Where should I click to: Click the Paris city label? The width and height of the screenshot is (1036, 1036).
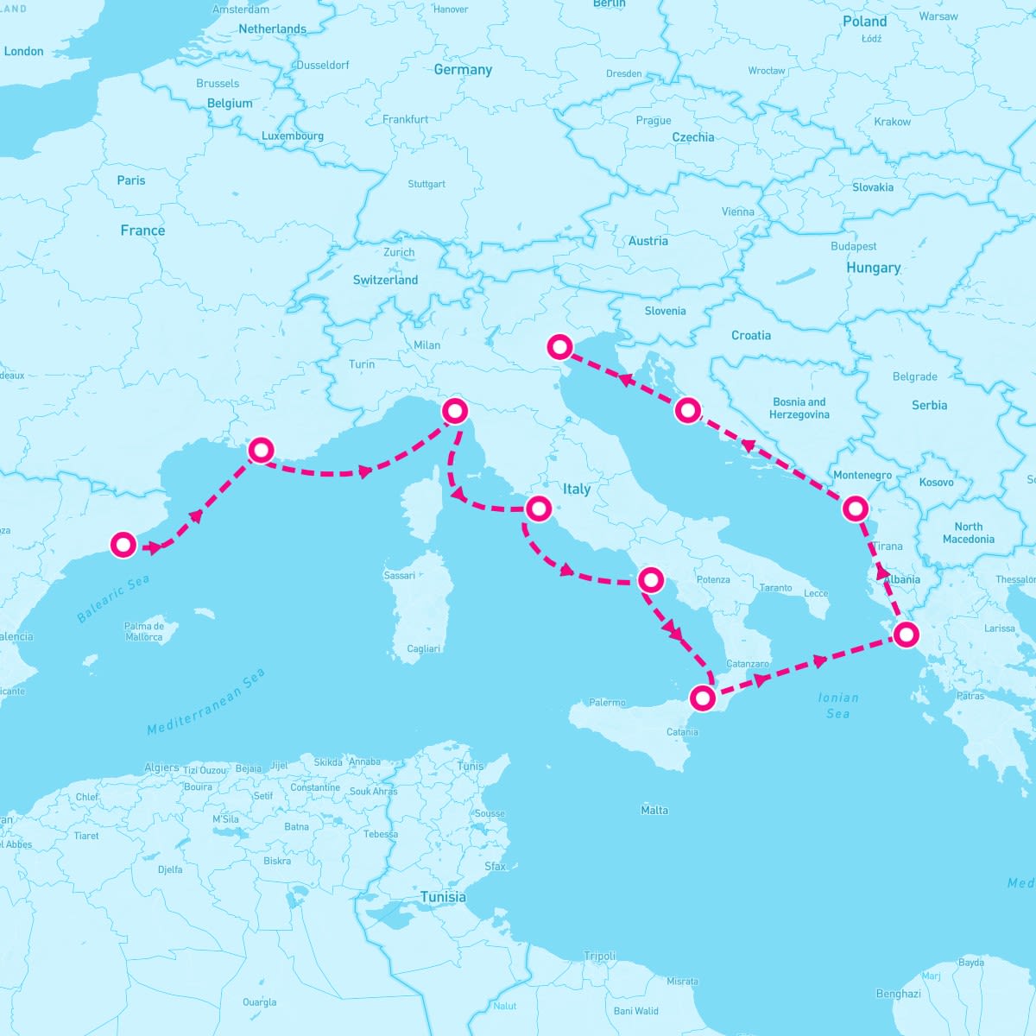click(x=131, y=180)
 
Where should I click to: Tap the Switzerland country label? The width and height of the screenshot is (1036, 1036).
click(x=385, y=280)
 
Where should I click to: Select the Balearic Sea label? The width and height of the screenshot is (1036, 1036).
click(x=113, y=598)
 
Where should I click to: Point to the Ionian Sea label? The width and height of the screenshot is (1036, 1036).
click(x=838, y=705)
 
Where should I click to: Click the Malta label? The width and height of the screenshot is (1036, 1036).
click(x=654, y=810)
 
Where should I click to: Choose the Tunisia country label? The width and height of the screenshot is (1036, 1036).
click(x=443, y=897)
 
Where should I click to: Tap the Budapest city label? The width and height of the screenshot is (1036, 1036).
click(x=853, y=246)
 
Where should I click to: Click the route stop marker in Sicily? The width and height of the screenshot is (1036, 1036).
click(x=704, y=698)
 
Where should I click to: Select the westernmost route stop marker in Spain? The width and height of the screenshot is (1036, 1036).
click(x=123, y=545)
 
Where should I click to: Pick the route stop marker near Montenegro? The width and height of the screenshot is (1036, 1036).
click(x=855, y=509)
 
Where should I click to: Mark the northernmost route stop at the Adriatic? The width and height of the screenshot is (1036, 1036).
click(x=560, y=347)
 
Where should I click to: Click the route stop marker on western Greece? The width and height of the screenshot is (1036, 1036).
click(x=906, y=635)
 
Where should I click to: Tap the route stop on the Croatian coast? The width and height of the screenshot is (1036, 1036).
click(x=686, y=410)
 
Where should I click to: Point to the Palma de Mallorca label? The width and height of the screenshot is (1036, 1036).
click(x=144, y=631)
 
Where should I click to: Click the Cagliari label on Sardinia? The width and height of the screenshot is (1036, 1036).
click(x=423, y=648)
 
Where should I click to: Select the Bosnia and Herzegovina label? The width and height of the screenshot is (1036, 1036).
click(x=799, y=407)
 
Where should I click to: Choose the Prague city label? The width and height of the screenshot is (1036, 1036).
click(x=654, y=120)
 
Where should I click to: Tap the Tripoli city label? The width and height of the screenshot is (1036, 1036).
click(x=600, y=956)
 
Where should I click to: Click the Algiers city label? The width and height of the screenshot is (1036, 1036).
click(x=161, y=768)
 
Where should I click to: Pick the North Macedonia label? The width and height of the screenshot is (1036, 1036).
click(x=968, y=533)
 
